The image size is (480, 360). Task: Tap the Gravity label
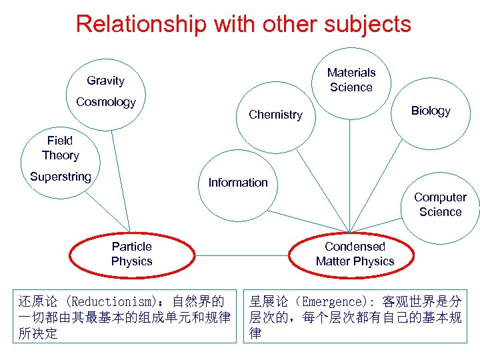click(x=105, y=81)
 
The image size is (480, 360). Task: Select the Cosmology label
click(x=105, y=102)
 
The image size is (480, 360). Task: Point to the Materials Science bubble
click(x=351, y=80)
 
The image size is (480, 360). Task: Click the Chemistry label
click(x=275, y=115)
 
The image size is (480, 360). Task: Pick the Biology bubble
click(x=431, y=111)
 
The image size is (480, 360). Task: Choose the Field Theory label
click(x=60, y=148)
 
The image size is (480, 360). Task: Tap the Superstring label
click(x=60, y=177)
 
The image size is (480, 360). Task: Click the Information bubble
click(x=238, y=183)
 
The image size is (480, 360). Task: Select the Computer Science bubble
click(x=440, y=205)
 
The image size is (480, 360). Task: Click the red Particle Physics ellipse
click(x=131, y=254)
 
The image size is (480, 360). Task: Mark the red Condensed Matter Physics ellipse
click(x=355, y=254)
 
